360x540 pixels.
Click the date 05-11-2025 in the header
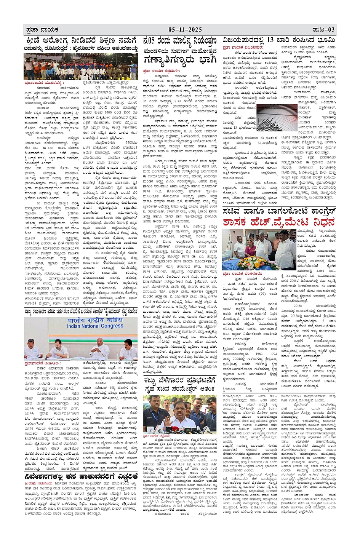click(x=185, y=30)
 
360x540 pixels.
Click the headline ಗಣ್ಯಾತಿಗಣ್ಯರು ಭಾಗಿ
click(x=179, y=60)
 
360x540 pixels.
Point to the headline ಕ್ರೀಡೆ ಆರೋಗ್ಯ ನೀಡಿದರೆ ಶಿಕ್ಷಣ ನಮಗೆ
click(x=80, y=41)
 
